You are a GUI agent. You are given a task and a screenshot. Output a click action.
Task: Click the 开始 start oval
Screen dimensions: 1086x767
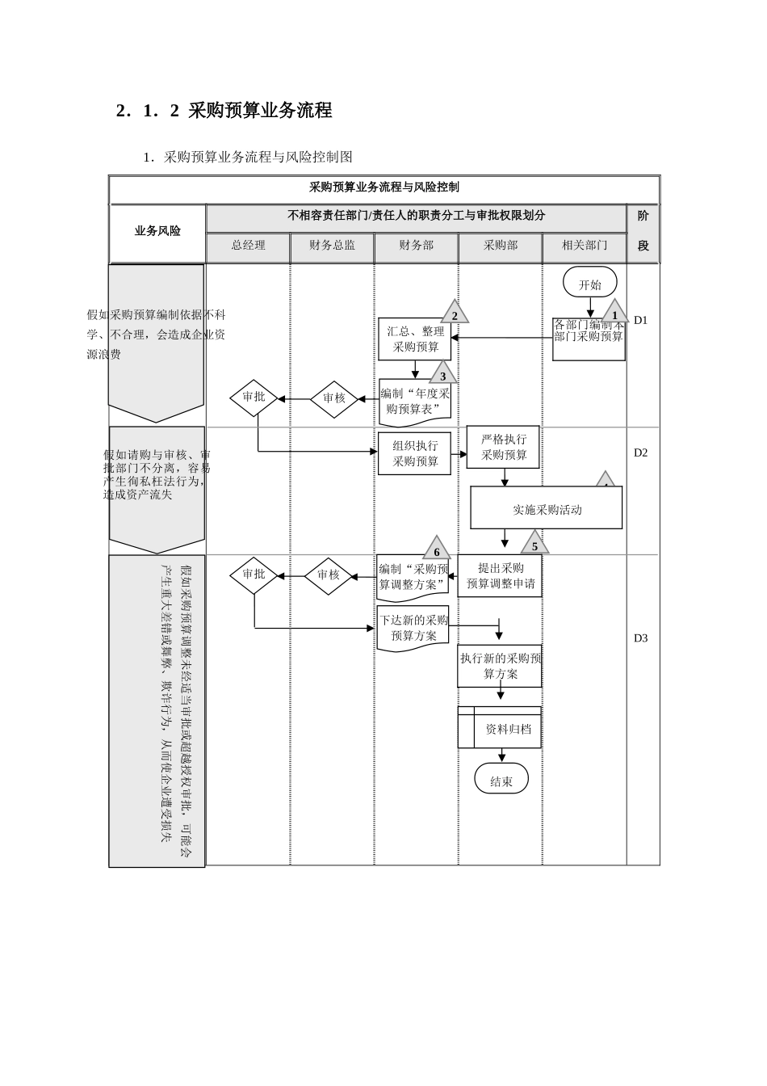pos(590,284)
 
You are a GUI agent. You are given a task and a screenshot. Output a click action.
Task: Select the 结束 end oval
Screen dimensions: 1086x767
pos(501,781)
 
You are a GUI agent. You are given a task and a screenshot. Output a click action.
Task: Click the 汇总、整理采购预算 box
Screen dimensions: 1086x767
pos(415,339)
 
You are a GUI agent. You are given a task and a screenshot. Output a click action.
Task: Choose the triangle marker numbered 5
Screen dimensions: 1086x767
pos(534,545)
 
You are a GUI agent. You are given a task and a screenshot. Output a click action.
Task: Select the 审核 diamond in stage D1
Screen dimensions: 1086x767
pos(333,398)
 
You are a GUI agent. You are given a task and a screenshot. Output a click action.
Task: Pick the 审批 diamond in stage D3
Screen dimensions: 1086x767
pos(254,575)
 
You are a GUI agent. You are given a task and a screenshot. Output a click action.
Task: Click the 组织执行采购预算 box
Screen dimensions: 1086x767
pos(415,453)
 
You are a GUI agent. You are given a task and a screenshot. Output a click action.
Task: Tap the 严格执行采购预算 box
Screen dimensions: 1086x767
pos(504,447)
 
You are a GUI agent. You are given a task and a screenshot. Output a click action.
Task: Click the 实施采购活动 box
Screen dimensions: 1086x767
pos(547,509)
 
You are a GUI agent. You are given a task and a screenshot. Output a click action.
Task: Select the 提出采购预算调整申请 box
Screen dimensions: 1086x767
pos(500,575)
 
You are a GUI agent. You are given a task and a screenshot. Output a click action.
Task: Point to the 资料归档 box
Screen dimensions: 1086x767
pos(500,728)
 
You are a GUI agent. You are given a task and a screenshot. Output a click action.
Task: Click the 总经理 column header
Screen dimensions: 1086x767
pos(248,246)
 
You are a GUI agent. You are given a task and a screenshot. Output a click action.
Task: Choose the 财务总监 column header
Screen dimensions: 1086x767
pos(332,246)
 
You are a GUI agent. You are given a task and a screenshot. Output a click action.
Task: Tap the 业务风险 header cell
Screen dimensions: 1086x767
pos(157,231)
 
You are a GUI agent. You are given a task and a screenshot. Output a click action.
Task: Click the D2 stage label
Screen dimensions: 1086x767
pos(640,452)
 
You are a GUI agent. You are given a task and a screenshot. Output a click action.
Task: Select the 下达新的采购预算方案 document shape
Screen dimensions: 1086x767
pos(413,628)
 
